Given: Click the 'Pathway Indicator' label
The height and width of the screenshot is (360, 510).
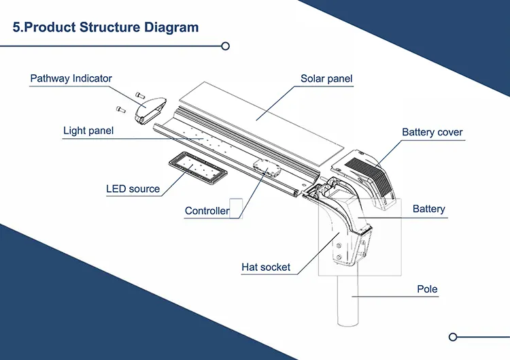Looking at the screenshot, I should pyautogui.click(x=71, y=79).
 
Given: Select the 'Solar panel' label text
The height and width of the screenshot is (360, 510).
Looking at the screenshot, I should pyautogui.click(x=326, y=79).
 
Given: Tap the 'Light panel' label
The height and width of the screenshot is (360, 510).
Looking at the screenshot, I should pyautogui.click(x=88, y=131).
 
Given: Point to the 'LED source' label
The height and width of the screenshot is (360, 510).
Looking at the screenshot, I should pyautogui.click(x=133, y=189).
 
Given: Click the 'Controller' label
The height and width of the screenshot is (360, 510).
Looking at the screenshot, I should pyautogui.click(x=207, y=211).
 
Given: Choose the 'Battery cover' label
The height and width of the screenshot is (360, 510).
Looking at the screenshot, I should pyautogui.click(x=432, y=132).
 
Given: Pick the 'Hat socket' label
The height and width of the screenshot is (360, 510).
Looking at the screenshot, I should pyautogui.click(x=266, y=267).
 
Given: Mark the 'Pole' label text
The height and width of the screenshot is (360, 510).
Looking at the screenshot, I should pyautogui.click(x=427, y=289).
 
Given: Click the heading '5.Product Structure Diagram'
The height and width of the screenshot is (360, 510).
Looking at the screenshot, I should pyautogui.click(x=106, y=28).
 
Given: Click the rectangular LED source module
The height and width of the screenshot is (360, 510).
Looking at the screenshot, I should pyautogui.click(x=194, y=167).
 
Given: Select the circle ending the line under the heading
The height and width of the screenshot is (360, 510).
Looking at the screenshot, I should pyautogui.click(x=226, y=46).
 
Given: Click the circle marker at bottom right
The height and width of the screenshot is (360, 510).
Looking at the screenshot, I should pyautogui.click(x=454, y=336).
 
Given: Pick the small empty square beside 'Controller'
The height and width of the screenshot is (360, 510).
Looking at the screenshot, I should pyautogui.click(x=236, y=208).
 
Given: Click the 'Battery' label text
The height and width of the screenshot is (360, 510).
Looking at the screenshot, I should pyautogui.click(x=428, y=209).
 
